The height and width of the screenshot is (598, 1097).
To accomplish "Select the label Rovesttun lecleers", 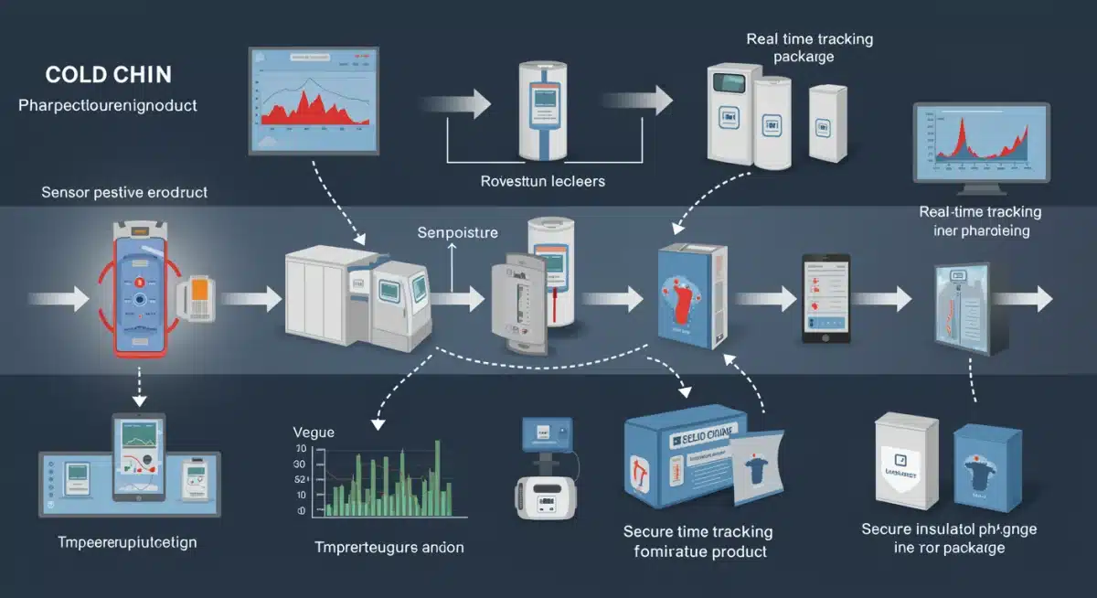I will click(x=543, y=182).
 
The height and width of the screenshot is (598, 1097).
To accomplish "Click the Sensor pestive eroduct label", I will click(x=124, y=193).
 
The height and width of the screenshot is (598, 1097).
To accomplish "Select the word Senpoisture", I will click(x=457, y=232).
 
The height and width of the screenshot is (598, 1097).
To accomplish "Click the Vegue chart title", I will click(x=314, y=432).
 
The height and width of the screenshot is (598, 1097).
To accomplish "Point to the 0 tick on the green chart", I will click(x=301, y=511).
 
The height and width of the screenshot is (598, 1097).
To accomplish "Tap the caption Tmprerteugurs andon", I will click(x=389, y=548).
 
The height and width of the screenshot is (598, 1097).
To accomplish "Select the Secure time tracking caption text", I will click(x=698, y=532).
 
